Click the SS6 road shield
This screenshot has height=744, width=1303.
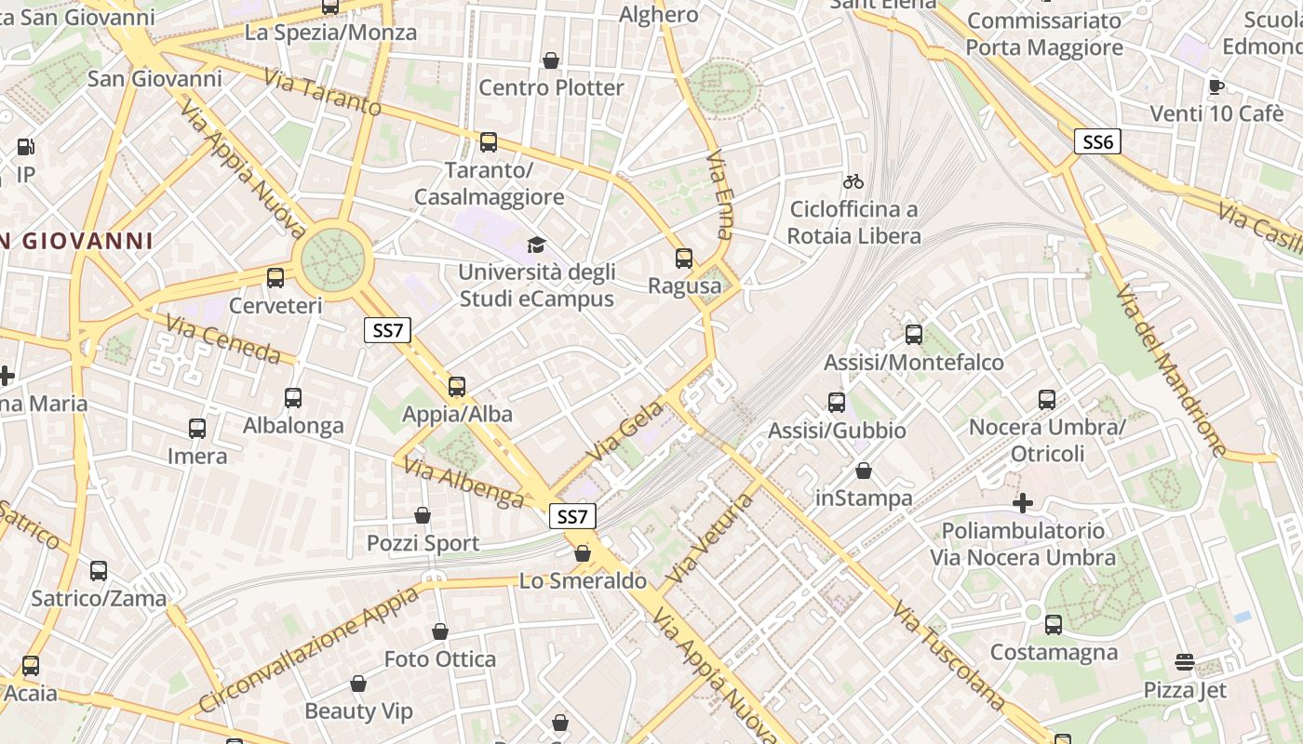(1098, 141)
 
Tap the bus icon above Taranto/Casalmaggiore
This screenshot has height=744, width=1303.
(489, 142)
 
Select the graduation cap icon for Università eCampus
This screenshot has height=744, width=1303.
(536, 245)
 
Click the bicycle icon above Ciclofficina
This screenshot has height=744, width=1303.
(853, 181)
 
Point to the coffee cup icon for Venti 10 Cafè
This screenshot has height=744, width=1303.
(1216, 86)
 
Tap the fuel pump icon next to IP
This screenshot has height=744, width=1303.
(25, 147)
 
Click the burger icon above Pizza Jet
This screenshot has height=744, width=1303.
(1184, 662)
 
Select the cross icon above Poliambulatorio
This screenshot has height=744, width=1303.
(1023, 503)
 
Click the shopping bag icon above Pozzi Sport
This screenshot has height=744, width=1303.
(423, 515)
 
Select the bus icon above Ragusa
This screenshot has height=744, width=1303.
(684, 259)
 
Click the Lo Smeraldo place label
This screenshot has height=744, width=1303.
(583, 581)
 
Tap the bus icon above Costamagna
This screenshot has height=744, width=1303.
(1054, 625)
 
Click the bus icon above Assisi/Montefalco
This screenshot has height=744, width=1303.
(914, 335)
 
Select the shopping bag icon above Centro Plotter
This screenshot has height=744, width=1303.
(551, 60)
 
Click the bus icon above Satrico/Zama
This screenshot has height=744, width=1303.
(99, 571)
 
